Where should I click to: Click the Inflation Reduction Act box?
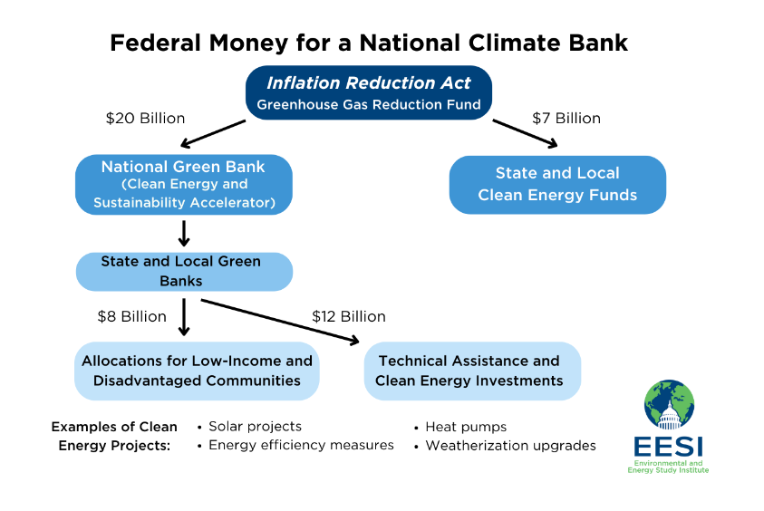click(368, 92)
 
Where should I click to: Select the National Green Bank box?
click(184, 185)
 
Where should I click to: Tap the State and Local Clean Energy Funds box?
click(557, 185)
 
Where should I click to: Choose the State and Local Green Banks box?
click(184, 271)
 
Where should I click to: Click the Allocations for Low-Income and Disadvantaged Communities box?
click(197, 371)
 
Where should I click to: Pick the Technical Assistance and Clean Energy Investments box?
click(472, 371)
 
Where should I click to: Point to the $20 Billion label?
click(145, 119)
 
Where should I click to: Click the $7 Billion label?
click(566, 119)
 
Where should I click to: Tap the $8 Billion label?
click(132, 316)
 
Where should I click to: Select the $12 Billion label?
click(349, 316)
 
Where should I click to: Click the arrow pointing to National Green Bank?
click(213, 133)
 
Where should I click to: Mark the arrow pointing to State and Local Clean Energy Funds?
click(526, 133)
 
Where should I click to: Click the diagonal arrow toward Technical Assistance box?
click(280, 321)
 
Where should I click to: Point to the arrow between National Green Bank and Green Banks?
click(184, 234)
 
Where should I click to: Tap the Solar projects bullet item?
click(250, 427)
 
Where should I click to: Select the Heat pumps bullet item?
click(461, 428)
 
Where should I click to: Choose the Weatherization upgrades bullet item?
click(506, 446)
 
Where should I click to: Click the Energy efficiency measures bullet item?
click(295, 445)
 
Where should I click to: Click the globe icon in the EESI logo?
click(669, 405)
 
